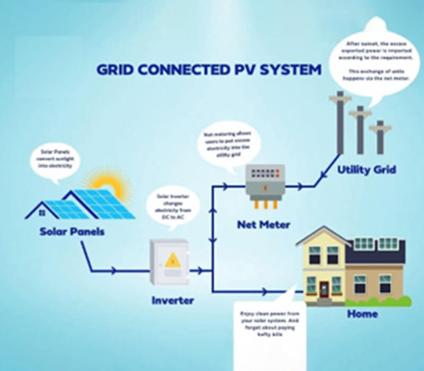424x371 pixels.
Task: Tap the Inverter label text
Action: [x=173, y=301]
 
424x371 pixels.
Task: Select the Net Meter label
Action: [x=263, y=225]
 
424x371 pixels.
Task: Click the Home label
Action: [x=363, y=314]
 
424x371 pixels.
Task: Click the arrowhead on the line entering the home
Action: [x=263, y=290]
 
